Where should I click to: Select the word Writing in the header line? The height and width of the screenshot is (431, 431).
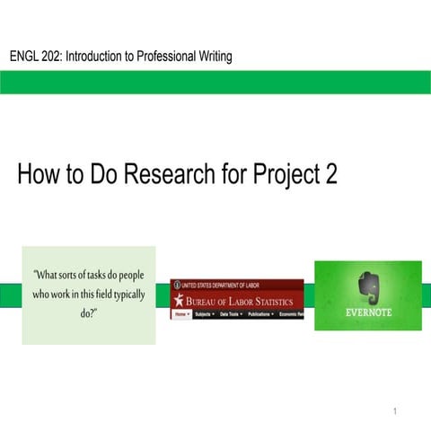(x=211, y=57)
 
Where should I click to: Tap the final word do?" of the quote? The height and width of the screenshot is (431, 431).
(x=89, y=312)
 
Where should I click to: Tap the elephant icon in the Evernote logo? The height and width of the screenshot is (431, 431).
(x=368, y=286)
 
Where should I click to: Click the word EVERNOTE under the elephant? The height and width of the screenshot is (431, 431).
(x=367, y=314)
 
